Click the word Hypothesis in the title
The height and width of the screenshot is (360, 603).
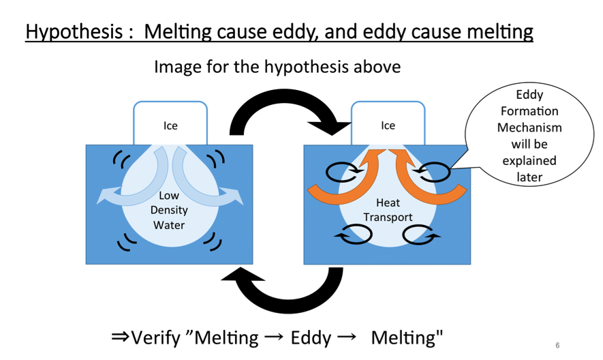[74, 32]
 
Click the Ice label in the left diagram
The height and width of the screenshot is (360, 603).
[170, 125]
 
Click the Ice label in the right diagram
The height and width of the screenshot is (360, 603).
[388, 125]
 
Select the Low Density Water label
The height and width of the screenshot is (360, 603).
[169, 210]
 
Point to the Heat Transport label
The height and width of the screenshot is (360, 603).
[388, 210]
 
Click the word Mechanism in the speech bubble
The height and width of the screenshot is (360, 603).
[529, 127]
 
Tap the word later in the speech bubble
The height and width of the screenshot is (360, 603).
[529, 177]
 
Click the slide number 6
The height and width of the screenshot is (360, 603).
[557, 346]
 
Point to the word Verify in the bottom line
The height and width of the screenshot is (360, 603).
[155, 338]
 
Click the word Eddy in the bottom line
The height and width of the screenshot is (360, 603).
[311, 338]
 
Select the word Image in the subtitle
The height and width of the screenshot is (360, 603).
[178, 67]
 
